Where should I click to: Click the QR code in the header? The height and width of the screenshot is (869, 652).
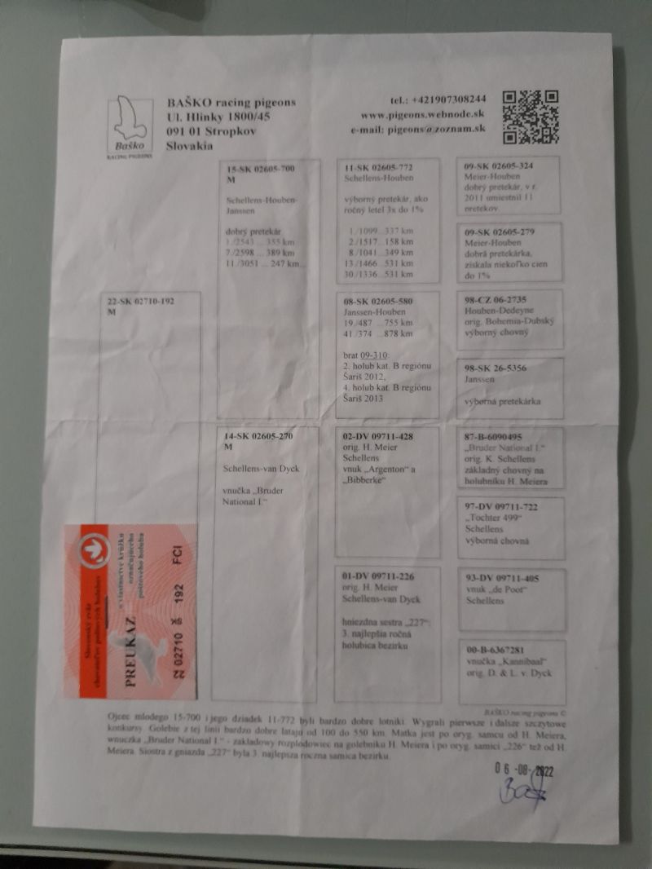coord(530,117)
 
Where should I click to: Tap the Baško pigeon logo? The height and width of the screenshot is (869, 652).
coord(130,128)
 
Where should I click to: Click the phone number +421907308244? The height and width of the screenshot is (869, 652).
coord(438,99)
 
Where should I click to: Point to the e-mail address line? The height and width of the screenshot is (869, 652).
coord(418,129)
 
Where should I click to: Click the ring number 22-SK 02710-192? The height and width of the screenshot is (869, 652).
coord(141,301)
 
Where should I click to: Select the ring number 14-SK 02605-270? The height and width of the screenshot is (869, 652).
coord(260,437)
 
